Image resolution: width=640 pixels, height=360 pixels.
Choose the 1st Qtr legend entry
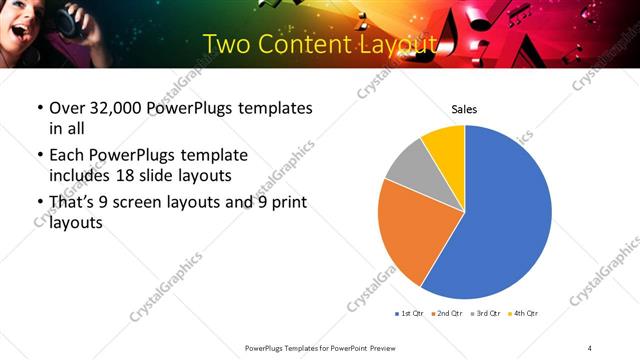coord(410,314)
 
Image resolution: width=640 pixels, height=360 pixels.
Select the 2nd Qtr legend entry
coord(447,314)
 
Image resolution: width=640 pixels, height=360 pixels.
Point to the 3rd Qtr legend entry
coord(485,314)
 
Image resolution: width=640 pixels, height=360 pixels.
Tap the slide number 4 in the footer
coord(589,347)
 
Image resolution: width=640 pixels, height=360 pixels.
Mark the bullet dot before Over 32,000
coord(39,108)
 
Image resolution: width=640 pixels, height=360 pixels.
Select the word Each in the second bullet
coord(67,156)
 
